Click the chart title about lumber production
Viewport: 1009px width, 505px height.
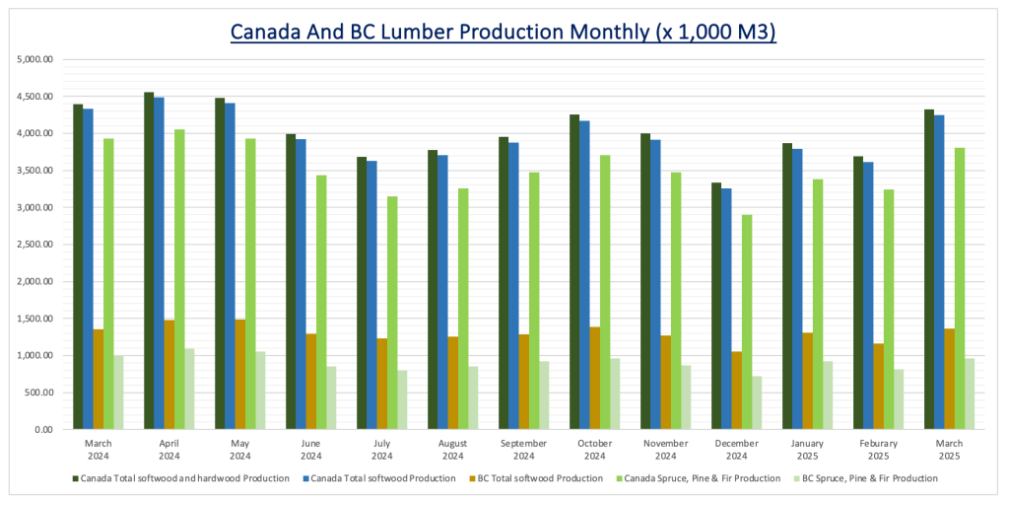point(504,32)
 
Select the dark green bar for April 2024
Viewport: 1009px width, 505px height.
point(149,261)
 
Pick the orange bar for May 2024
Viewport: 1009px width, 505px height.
point(240,375)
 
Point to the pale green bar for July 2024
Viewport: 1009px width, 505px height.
point(402,399)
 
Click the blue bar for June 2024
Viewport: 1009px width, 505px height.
point(301,284)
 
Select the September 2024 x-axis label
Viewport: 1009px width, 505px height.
point(516,450)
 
